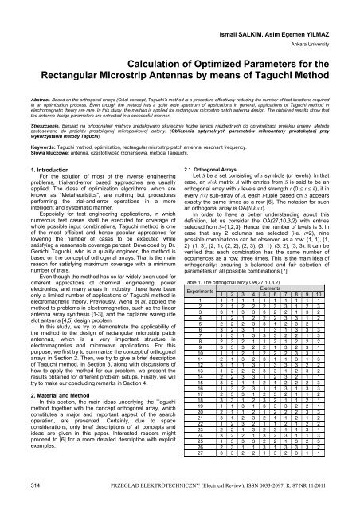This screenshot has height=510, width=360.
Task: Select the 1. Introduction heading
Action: click(45, 169)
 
